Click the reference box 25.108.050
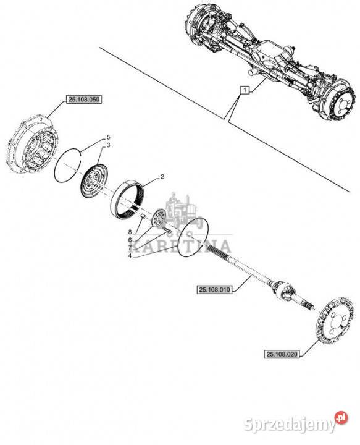[x=83, y=100]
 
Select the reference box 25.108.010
[x=214, y=289]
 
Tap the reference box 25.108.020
[x=282, y=354]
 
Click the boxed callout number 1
[x=245, y=90]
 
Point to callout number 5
[x=108, y=137]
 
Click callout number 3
[x=108, y=145]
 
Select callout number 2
[x=162, y=177]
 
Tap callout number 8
[x=130, y=232]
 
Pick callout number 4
[x=130, y=256]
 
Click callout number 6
[x=130, y=240]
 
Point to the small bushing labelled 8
[x=143, y=217]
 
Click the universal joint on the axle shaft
[x=282, y=291]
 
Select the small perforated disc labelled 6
[x=159, y=218]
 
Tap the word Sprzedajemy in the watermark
[x=290, y=425]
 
